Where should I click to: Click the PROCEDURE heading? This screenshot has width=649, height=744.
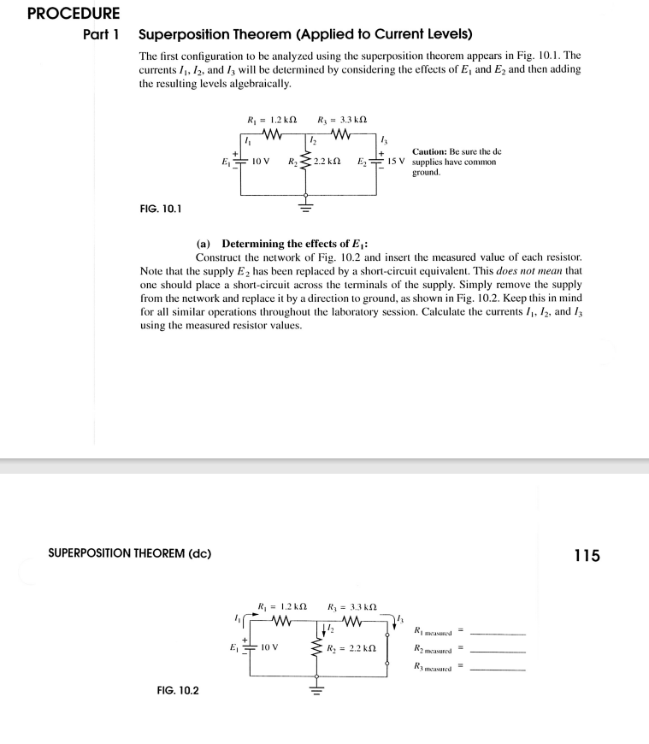click(x=61, y=14)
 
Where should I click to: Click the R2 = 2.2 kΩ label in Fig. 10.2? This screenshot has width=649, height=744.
click(x=345, y=649)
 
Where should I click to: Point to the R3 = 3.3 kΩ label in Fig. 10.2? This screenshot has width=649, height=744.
click(x=351, y=608)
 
